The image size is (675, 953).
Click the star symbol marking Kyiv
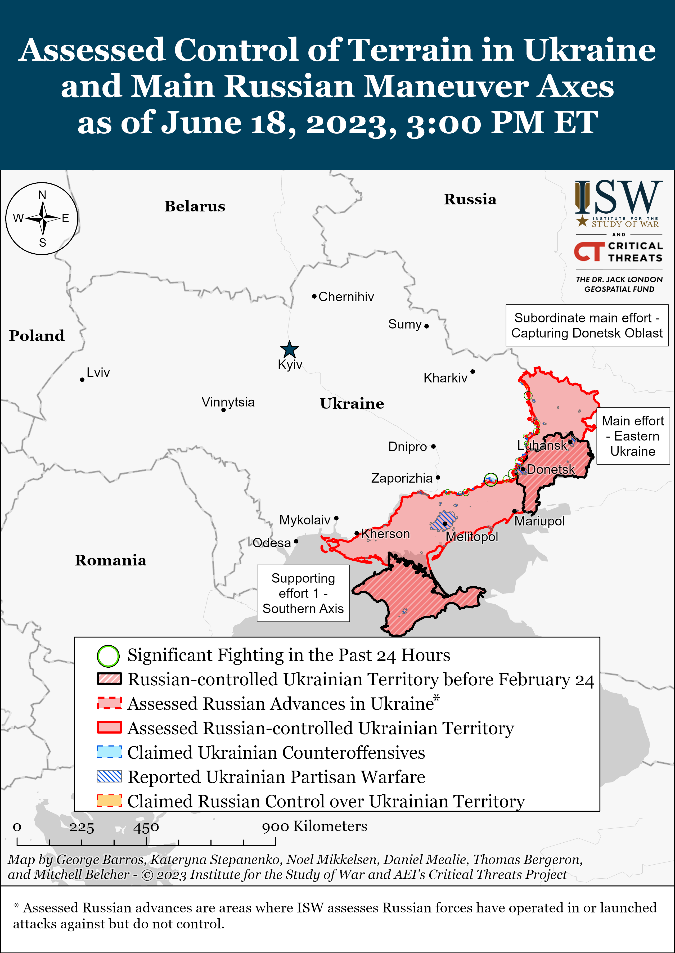(x=289, y=349)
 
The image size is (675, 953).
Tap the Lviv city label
(x=98, y=372)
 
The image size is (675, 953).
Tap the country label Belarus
(x=195, y=206)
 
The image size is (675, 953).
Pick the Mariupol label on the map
(x=539, y=521)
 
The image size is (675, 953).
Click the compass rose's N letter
(x=42, y=195)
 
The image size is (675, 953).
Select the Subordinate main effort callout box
(x=587, y=325)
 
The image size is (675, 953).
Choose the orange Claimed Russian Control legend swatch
(x=109, y=801)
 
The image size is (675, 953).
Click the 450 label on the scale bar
(x=146, y=827)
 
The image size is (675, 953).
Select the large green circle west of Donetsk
(x=491, y=480)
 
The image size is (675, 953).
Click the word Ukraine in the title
(x=589, y=50)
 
